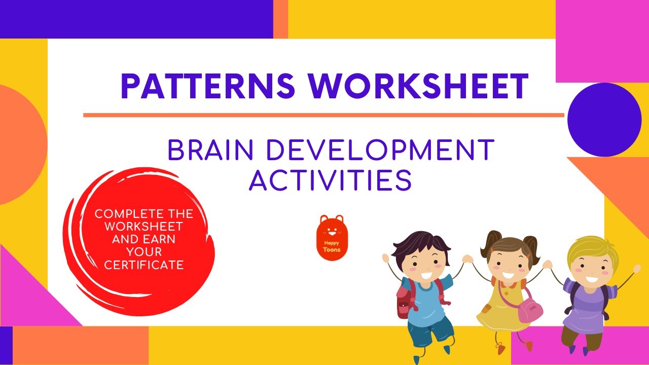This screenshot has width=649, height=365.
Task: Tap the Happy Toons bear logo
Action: pos(332,237)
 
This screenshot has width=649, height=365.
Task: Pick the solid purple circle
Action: pos(604,120)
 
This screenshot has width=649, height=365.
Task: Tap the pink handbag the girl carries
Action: pos(530,310)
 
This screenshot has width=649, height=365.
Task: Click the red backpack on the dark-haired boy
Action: pos(404,301)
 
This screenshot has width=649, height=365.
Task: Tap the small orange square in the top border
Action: pos(280,19)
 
